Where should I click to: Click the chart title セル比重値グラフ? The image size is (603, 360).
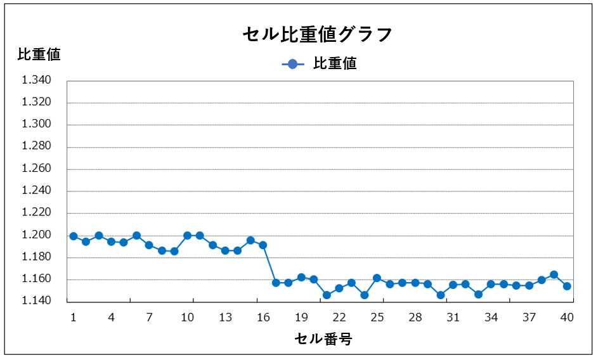(318, 34)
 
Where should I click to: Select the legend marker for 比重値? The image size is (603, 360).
(292, 64)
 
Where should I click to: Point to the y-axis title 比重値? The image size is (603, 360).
(39, 55)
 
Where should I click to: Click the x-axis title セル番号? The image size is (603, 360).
(323, 339)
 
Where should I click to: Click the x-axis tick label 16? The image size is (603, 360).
(263, 317)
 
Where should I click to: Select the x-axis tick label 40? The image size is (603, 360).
(567, 317)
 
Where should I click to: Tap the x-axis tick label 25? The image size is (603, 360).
(377, 317)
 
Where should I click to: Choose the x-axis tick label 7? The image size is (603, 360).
(149, 317)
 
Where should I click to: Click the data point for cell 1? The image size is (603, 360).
(74, 236)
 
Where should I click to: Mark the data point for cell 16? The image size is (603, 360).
(263, 245)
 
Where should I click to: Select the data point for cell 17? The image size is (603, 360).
(276, 283)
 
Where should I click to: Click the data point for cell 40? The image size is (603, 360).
(567, 286)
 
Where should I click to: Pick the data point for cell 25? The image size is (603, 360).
(377, 278)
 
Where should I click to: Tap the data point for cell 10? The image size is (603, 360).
(187, 236)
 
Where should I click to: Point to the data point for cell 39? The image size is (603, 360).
(554, 275)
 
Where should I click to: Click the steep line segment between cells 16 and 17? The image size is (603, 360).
(269, 264)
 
